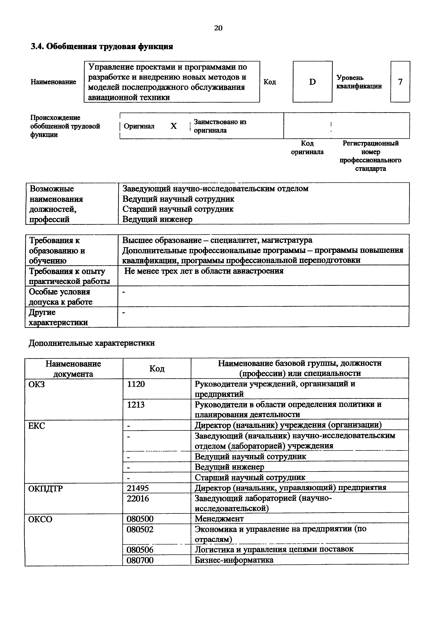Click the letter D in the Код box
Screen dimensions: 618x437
pyautogui.click(x=312, y=82)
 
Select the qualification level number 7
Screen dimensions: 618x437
pyautogui.click(x=400, y=82)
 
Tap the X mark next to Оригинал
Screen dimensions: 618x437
pyautogui.click(x=174, y=126)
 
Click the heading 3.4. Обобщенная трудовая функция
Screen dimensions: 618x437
pyautogui.click(x=102, y=47)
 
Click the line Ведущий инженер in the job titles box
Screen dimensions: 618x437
pyautogui.click(x=158, y=219)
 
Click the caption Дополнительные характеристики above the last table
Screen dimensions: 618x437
pyautogui.click(x=92, y=343)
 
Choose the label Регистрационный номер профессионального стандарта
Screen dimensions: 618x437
pyautogui.click(x=370, y=156)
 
